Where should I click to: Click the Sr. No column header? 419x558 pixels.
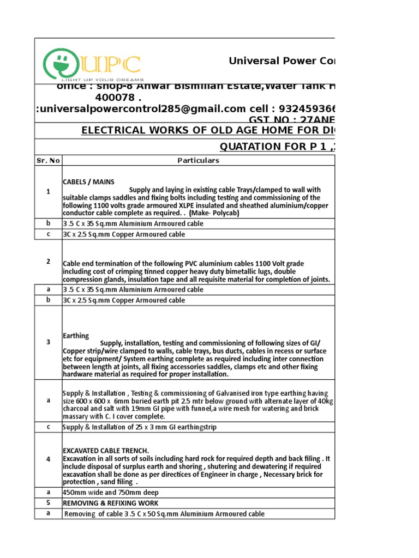point(48,161)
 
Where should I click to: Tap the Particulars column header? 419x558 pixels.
point(198,161)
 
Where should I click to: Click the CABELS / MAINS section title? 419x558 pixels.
point(88,181)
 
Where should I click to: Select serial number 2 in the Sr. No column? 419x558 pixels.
point(48,262)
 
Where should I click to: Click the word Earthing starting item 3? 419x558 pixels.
point(76,336)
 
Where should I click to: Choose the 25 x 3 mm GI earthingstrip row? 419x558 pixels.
point(139,427)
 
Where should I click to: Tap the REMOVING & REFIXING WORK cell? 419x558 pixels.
point(111,503)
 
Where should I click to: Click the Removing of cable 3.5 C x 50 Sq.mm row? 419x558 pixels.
point(164,514)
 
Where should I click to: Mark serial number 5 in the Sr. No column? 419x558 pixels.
point(48,503)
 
